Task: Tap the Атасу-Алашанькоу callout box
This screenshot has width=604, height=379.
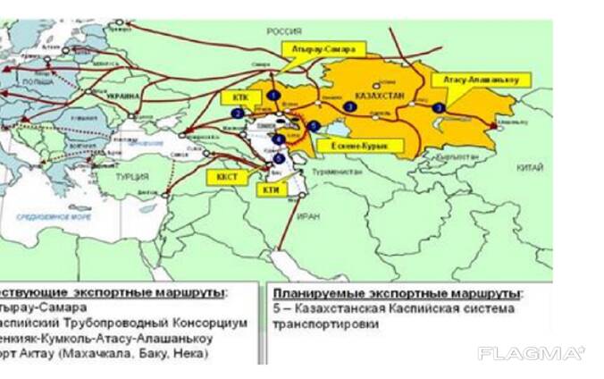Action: [x=481, y=80]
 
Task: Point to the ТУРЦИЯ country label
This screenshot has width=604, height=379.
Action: [x=135, y=176]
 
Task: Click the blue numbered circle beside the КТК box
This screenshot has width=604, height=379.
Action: [x=238, y=114]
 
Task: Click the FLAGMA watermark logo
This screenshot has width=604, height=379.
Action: [x=531, y=354]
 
